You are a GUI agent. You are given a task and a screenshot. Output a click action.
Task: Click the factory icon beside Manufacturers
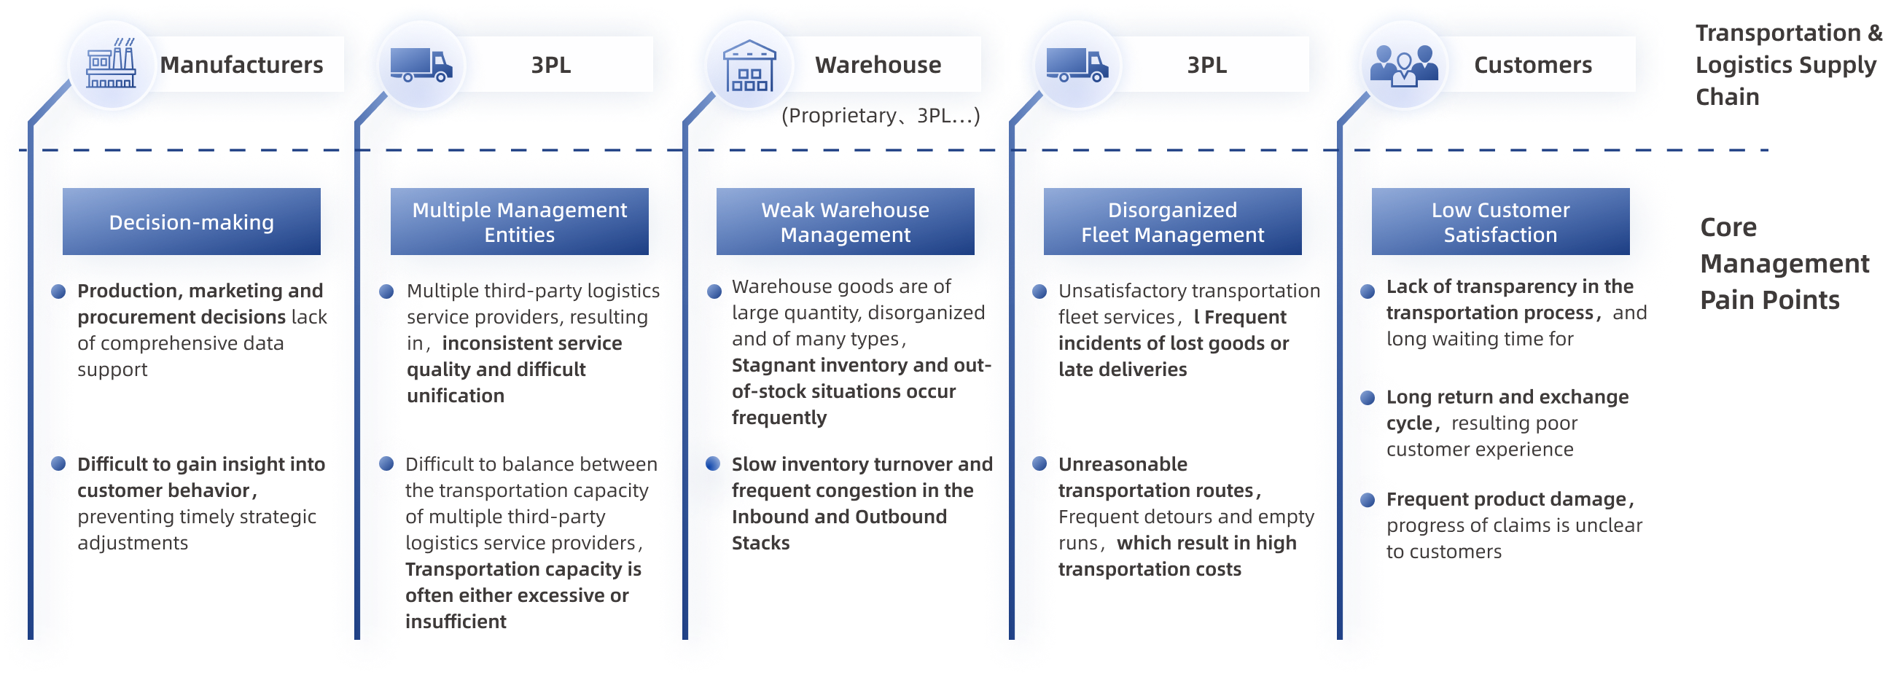(111, 66)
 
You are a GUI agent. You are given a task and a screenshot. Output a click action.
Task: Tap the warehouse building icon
(749, 66)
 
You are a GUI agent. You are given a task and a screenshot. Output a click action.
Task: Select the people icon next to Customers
(1403, 66)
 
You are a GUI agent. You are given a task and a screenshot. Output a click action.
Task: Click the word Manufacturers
(241, 65)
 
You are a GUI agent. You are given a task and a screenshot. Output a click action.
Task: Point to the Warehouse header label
(878, 65)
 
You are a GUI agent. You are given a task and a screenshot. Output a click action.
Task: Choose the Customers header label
(1532, 65)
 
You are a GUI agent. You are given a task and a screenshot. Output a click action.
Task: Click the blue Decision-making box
(191, 222)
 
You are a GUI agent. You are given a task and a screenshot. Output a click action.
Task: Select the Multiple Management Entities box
(519, 222)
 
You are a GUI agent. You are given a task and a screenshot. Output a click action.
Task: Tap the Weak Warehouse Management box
(845, 222)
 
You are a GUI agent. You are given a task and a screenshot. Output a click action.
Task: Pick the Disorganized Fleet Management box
(1172, 222)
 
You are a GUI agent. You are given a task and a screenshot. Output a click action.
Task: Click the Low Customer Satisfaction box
(1500, 222)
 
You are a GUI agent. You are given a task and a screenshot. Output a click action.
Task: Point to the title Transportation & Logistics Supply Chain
(1787, 65)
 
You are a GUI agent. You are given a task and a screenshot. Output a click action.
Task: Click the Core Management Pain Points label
(1783, 264)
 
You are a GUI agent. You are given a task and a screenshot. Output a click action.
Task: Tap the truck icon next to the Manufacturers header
(421, 66)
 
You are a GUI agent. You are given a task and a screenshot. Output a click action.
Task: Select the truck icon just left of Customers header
(1077, 66)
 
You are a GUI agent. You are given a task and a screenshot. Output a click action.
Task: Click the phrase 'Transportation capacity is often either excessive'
(523, 582)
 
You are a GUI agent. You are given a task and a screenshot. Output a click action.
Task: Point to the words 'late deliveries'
(1122, 370)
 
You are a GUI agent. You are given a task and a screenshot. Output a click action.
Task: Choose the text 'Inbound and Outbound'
(840, 517)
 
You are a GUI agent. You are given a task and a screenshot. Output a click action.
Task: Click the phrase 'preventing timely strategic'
(196, 517)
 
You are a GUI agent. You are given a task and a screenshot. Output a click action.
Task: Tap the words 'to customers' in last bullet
(1443, 552)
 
